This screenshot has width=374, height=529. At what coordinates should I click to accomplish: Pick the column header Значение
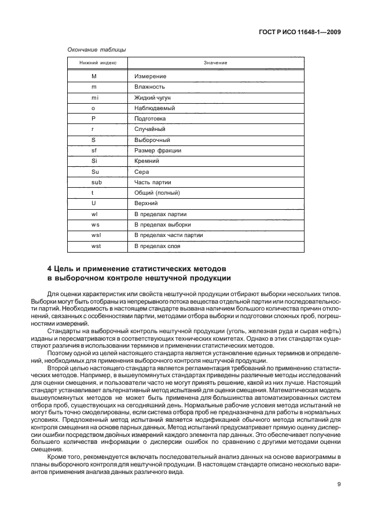[x=215, y=63]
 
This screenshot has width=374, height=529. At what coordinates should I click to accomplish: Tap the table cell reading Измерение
[x=151, y=76]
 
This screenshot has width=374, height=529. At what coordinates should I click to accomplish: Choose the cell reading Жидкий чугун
[x=152, y=97]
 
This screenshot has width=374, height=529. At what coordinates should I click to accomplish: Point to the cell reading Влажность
[x=150, y=87]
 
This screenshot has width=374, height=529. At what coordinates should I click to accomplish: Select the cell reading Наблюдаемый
[x=155, y=108]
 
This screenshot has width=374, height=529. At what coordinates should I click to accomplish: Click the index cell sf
[x=94, y=151]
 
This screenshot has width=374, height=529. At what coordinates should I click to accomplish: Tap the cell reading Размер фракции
[x=157, y=151]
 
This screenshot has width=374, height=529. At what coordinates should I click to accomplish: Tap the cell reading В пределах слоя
[x=157, y=246]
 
